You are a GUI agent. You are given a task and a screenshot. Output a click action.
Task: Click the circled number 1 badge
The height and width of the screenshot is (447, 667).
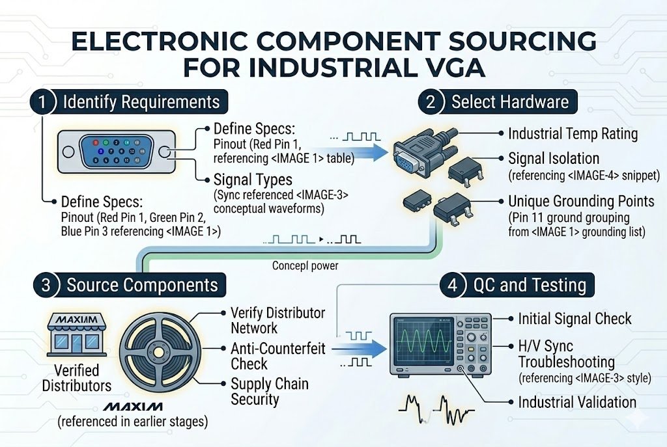[x=42, y=102]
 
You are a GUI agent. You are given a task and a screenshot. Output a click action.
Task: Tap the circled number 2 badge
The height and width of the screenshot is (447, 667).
[x=431, y=102]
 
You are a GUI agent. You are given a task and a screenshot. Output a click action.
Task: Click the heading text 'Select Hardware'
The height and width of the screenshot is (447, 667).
[x=509, y=102]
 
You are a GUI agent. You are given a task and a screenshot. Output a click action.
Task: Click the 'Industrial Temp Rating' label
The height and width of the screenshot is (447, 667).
[x=572, y=134]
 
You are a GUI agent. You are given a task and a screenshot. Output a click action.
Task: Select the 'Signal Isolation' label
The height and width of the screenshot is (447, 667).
[x=562, y=158]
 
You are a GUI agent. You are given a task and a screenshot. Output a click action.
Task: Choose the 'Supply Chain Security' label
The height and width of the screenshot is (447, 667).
[x=269, y=390]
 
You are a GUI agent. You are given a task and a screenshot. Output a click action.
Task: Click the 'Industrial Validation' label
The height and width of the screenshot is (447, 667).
[x=576, y=401]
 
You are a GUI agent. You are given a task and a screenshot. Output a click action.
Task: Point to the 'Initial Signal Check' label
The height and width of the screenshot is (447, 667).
[x=574, y=319]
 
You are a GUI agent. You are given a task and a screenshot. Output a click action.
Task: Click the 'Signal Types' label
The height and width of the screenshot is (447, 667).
[x=253, y=178]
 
